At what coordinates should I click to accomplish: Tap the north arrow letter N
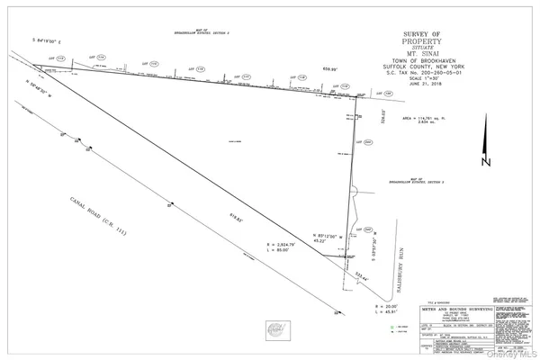(484, 164)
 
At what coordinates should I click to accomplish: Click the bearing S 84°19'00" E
(52, 41)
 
